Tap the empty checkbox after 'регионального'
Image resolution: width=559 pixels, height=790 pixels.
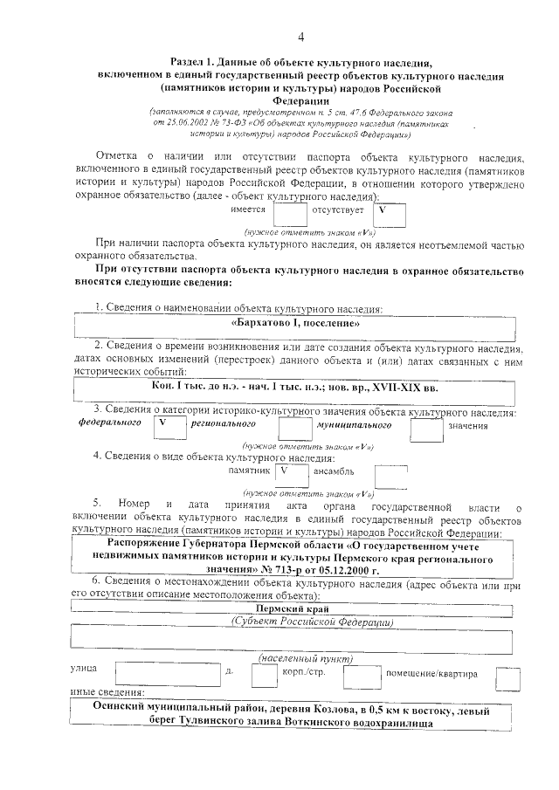[294, 426]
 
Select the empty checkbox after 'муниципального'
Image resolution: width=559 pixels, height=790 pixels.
[426, 427]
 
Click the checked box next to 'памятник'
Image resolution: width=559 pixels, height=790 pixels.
[290, 471]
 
